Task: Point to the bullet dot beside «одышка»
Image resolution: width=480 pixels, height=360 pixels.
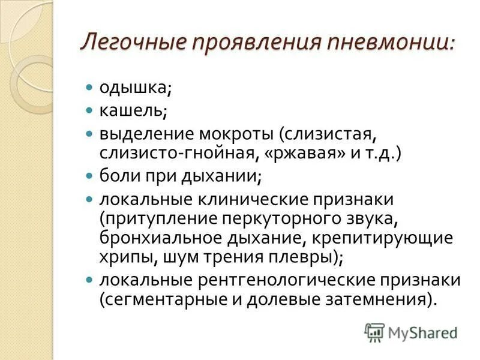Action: (x=89, y=88)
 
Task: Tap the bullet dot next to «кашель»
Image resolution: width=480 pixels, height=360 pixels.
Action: (x=89, y=110)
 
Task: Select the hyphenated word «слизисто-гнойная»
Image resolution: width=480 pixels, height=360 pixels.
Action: (x=177, y=153)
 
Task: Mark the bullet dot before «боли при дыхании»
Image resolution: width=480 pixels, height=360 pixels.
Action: (x=89, y=176)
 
